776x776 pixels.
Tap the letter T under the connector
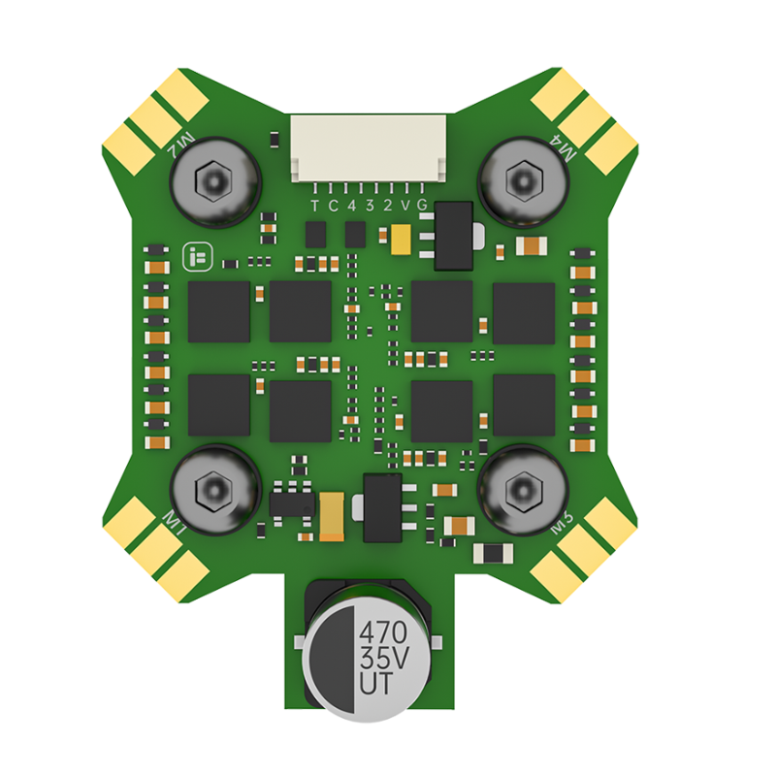314,205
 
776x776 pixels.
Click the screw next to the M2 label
214,179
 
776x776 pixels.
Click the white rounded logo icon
196,257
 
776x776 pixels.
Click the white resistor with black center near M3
494,553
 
